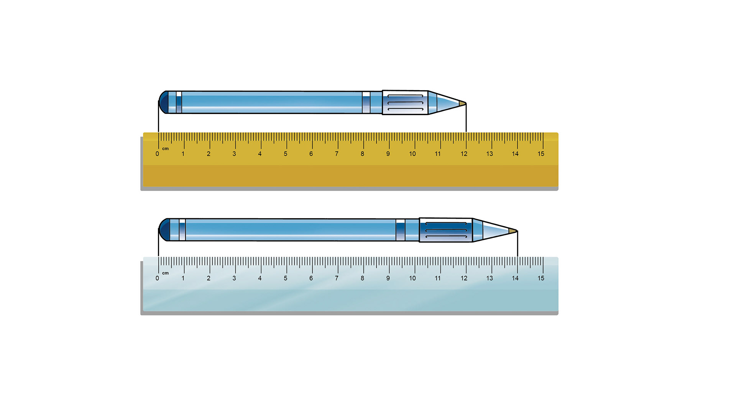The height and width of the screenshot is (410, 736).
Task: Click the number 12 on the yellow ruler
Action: (x=464, y=154)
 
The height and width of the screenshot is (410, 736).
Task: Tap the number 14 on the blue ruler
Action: (x=515, y=278)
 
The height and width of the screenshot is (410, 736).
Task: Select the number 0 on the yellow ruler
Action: (x=157, y=154)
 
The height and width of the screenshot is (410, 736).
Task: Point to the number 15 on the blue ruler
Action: (x=541, y=278)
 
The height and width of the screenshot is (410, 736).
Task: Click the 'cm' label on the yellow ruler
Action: (x=165, y=148)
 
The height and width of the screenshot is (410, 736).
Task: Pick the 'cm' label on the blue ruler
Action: (x=165, y=273)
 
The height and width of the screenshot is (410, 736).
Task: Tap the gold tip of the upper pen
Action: (x=462, y=103)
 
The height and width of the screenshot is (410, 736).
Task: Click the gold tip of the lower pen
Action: (x=513, y=231)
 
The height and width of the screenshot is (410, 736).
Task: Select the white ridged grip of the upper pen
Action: (x=405, y=102)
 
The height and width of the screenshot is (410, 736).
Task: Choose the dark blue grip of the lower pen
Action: (x=446, y=230)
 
